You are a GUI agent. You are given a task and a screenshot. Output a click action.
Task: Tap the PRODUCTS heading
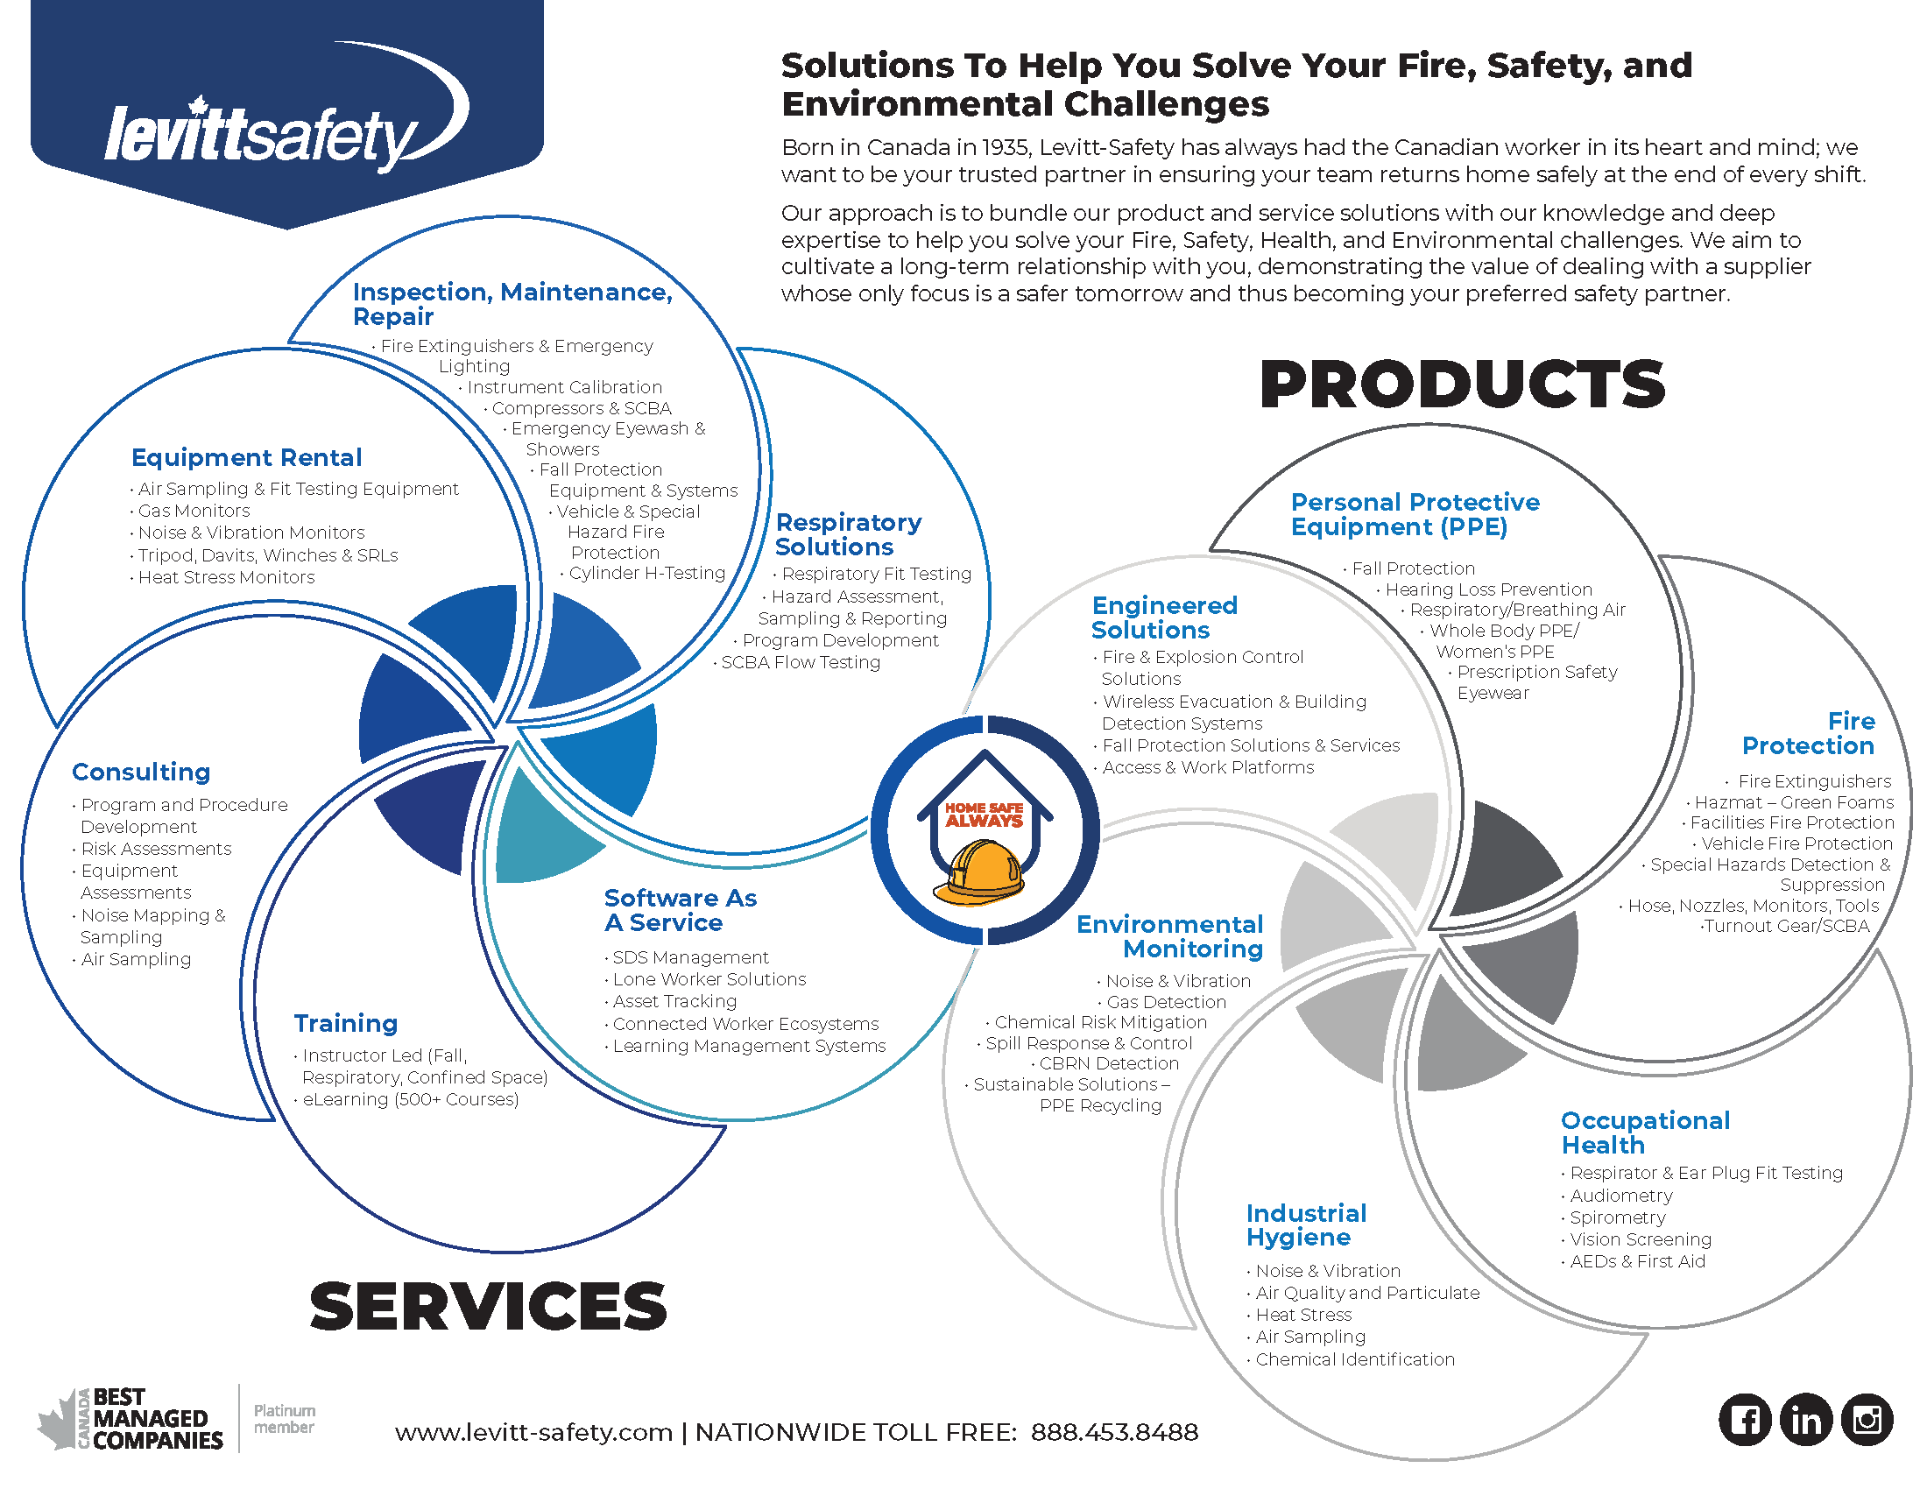pyautogui.click(x=1461, y=385)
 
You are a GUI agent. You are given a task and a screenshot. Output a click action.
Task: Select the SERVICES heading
pyautogui.click(x=488, y=1307)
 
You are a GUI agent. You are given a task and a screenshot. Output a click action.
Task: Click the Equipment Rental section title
pyautogui.click(x=246, y=457)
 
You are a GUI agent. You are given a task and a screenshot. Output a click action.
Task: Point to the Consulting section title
pyautogui.click(x=141, y=772)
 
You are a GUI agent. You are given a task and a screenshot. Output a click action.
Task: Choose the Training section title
pyautogui.click(x=346, y=1023)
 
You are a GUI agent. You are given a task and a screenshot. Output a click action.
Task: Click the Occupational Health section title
pyautogui.click(x=1645, y=1133)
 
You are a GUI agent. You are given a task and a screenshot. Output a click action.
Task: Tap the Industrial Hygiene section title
pyautogui.click(x=1306, y=1224)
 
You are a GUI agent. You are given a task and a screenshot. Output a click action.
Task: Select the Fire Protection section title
pyautogui.click(x=1808, y=733)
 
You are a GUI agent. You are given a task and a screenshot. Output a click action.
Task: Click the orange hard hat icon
pyautogui.click(x=979, y=873)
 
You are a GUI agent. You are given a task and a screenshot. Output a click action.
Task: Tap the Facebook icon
pyautogui.click(x=1744, y=1419)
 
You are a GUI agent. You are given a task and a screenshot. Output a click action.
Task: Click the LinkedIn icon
pyautogui.click(x=1805, y=1419)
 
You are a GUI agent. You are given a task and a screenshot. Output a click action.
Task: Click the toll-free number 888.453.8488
pyautogui.click(x=1113, y=1432)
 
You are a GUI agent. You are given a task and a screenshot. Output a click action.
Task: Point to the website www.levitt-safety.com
pyautogui.click(x=533, y=1432)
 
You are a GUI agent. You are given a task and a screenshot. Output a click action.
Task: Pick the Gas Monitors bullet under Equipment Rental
pyautogui.click(x=194, y=511)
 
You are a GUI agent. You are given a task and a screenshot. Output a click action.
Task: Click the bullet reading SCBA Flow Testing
pyautogui.click(x=801, y=662)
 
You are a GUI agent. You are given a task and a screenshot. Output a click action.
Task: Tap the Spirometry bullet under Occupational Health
pyautogui.click(x=1617, y=1217)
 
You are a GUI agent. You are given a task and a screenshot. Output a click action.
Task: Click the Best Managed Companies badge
pyautogui.click(x=132, y=1418)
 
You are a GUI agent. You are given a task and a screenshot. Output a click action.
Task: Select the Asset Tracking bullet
pyautogui.click(x=674, y=1001)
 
